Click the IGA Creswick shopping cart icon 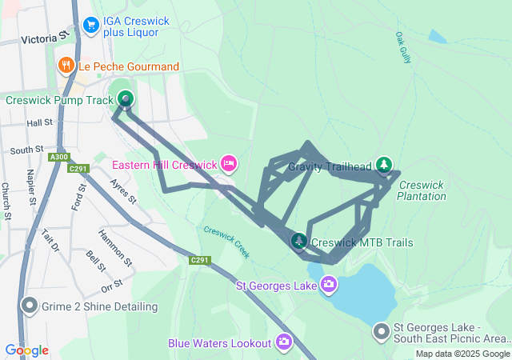[x=91, y=25]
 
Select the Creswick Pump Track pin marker [x=126, y=99]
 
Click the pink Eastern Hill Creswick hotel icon [x=229, y=164]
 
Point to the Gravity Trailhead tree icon [x=385, y=166]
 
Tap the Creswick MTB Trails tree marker [x=299, y=241]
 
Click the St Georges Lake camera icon [x=328, y=285]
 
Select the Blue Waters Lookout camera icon [x=284, y=342]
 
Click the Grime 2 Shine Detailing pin [x=30, y=306]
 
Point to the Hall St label [x=38, y=123]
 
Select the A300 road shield [x=58, y=158]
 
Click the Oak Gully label [x=402, y=47]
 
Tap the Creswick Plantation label [x=421, y=190]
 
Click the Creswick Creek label [x=226, y=240]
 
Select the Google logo [x=26, y=350]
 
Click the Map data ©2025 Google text [x=462, y=354]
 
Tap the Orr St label [x=112, y=283]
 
